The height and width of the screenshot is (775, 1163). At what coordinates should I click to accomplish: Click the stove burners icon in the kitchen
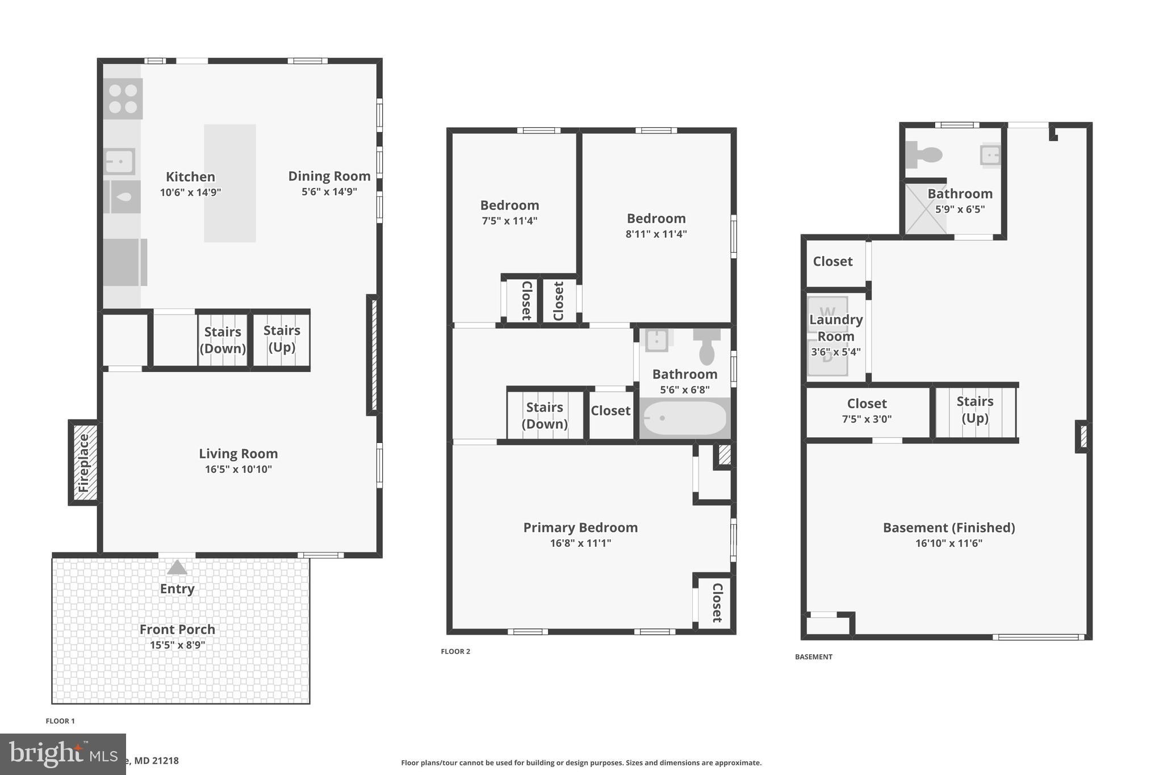point(123,99)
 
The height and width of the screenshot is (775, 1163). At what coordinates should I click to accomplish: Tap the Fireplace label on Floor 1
point(83,463)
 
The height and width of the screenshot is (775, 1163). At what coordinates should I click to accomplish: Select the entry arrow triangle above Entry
point(177,567)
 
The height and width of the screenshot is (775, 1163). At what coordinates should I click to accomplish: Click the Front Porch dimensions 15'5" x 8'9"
point(177,645)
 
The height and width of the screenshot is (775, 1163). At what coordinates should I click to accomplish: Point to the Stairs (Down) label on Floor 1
point(223,340)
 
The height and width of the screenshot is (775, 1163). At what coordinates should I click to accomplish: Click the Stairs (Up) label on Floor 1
point(282,338)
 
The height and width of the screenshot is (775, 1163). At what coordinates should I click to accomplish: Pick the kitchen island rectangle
point(229,183)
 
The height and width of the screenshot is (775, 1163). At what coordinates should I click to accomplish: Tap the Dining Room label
point(329,176)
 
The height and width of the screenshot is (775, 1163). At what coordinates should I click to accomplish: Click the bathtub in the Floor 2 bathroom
point(684,418)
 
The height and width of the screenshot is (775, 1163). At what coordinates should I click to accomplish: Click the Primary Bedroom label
point(580,527)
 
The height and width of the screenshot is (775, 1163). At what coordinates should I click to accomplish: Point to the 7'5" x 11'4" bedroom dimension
point(509,221)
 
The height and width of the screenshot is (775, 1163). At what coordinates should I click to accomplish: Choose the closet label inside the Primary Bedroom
point(717,602)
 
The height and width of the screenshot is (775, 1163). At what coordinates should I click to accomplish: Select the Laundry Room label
point(835,328)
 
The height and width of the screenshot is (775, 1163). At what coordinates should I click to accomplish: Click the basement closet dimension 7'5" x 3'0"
point(867,419)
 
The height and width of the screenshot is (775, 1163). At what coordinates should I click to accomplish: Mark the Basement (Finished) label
point(948,527)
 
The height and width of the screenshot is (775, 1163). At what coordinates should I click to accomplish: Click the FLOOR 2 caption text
point(455,651)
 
